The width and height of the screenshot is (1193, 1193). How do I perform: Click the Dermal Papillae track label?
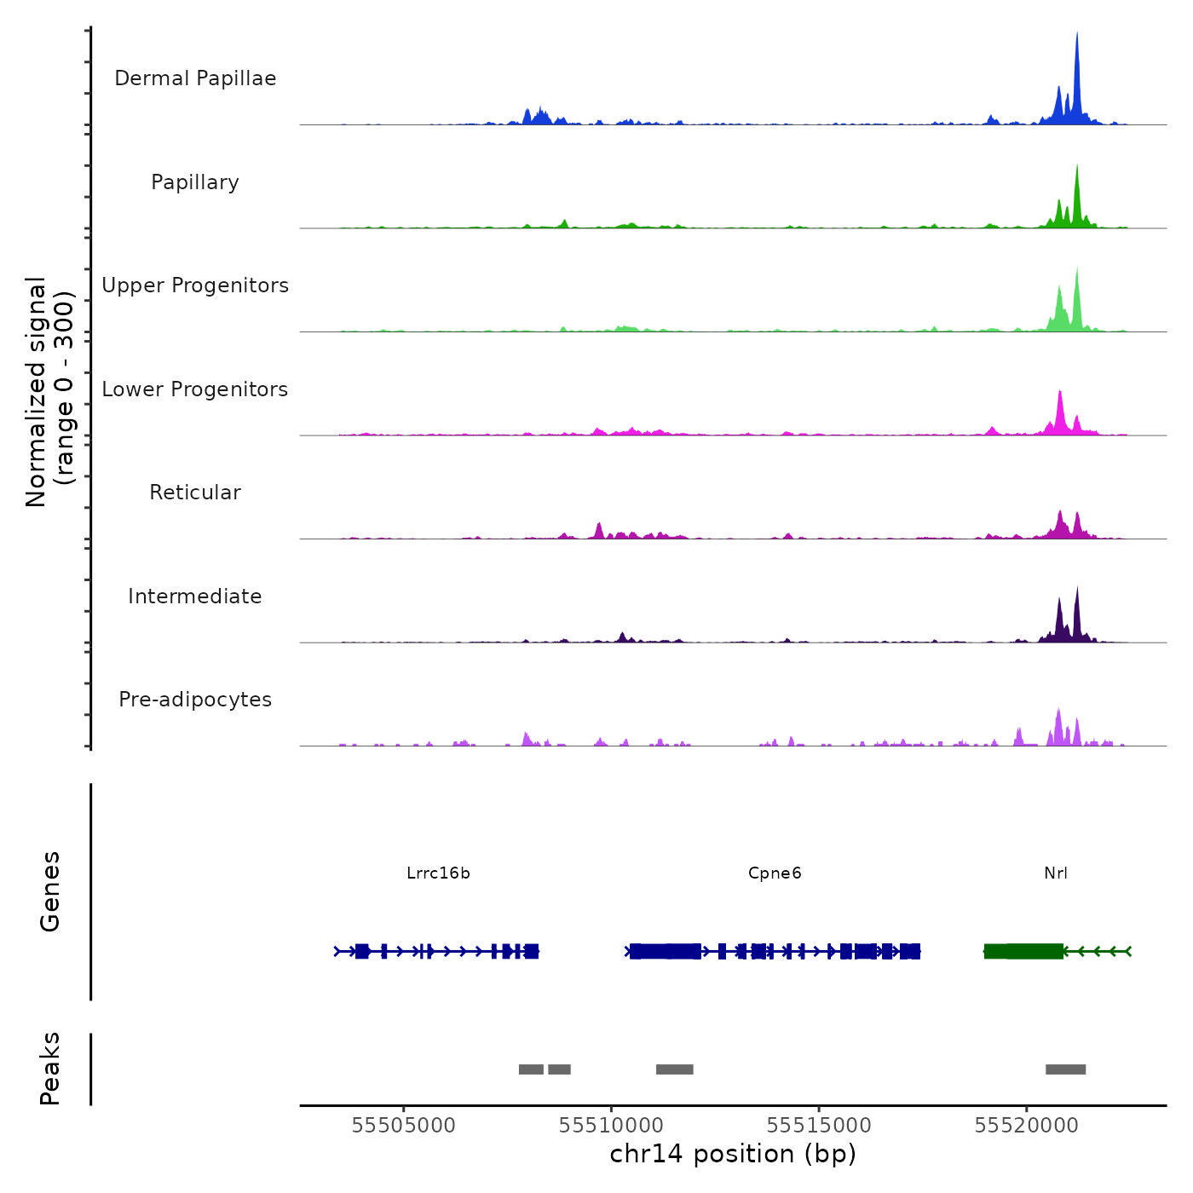[x=195, y=78]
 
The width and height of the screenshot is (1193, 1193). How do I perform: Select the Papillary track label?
[x=195, y=182]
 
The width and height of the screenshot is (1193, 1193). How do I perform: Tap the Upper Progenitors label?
[x=195, y=285]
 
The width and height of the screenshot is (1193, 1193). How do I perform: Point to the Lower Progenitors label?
[x=195, y=389]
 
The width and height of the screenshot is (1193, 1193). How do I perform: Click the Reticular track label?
[x=195, y=493]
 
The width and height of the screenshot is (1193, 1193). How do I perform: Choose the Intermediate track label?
[x=195, y=596]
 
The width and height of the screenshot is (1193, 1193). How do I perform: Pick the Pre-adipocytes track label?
[x=195, y=700]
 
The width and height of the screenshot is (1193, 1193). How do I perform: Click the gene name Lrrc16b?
[x=438, y=873]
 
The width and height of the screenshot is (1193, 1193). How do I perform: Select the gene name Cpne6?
[x=775, y=873]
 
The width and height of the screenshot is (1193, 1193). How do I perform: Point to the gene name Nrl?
[x=1056, y=873]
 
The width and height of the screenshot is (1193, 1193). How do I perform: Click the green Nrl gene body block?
[x=1023, y=951]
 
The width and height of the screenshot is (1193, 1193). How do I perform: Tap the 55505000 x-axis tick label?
[x=403, y=1125]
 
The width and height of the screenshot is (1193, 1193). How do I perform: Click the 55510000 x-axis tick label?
[x=611, y=1125]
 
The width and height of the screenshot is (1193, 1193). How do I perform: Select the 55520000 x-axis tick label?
[x=1026, y=1125]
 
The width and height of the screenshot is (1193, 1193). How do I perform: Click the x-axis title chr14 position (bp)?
[x=733, y=1154]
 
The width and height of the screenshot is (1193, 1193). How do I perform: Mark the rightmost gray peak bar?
[x=1065, y=1069]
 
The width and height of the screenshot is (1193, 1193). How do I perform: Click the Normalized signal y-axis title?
[x=49, y=392]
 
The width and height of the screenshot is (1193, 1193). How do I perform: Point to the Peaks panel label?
[x=49, y=1069]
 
